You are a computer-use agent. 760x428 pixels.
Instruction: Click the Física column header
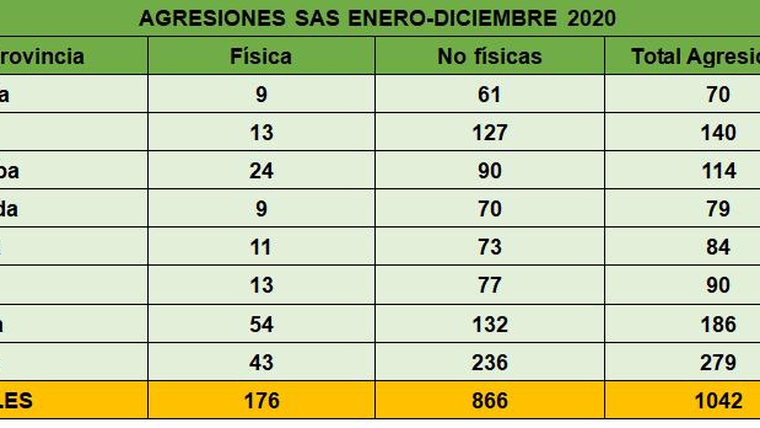(x=261, y=56)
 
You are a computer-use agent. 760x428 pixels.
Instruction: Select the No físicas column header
(x=489, y=56)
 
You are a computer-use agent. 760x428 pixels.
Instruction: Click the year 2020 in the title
(x=591, y=19)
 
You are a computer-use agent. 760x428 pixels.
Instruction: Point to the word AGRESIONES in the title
(x=212, y=19)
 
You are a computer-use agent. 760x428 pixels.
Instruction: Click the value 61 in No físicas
(x=489, y=94)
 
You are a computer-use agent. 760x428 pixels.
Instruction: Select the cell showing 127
(x=489, y=132)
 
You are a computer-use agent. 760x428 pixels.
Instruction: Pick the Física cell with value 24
(x=261, y=171)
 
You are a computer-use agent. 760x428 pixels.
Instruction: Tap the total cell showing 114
(x=718, y=171)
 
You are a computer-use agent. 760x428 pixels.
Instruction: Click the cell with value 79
(x=718, y=209)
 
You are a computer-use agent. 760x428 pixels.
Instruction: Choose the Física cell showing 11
(x=261, y=247)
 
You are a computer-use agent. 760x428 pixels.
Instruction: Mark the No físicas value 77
(x=489, y=285)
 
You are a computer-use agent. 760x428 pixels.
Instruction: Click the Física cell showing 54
(x=261, y=324)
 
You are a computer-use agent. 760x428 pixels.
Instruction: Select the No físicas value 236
(x=489, y=362)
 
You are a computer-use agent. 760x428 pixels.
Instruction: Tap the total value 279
(x=718, y=362)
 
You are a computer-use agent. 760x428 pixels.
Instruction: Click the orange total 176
(x=261, y=400)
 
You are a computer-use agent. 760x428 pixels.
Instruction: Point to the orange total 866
(x=489, y=400)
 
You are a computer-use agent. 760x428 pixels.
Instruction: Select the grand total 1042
(x=718, y=400)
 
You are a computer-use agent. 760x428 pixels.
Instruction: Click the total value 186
(x=718, y=324)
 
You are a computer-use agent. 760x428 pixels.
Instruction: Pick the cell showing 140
(x=718, y=132)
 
